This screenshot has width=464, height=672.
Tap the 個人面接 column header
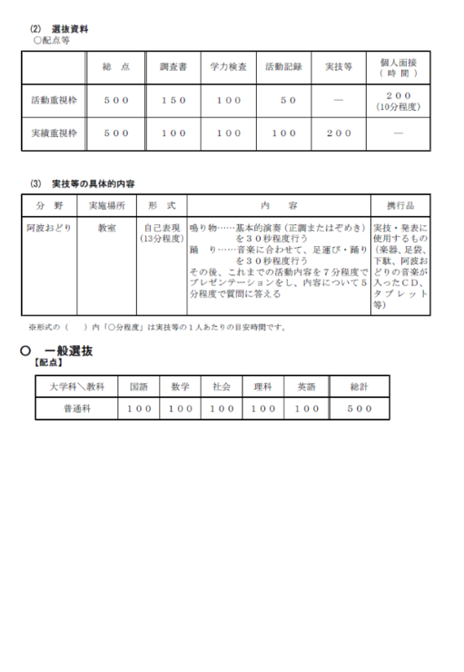(398, 66)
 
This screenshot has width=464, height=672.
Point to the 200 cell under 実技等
(339, 133)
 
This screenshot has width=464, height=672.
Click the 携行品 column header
(399, 205)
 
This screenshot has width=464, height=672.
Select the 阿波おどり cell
(50, 228)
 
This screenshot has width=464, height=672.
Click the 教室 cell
(107, 228)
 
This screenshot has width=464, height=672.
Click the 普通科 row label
(76, 408)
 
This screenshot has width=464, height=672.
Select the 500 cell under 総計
(359, 408)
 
